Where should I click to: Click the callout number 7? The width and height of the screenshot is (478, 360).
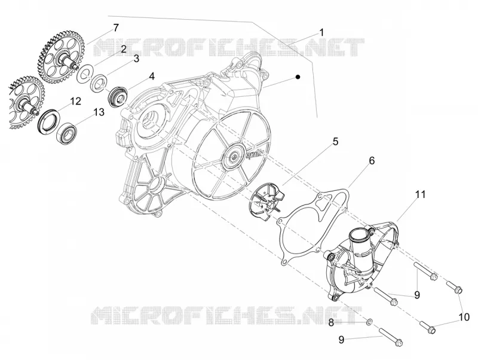pos(115,28)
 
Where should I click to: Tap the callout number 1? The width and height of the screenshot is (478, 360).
pos(321,32)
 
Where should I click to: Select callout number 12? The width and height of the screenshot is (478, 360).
pos(76,101)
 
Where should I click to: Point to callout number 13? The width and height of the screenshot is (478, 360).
pos(99,112)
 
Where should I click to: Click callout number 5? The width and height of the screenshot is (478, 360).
pos(335,142)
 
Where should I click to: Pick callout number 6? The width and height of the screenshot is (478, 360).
pos(372,160)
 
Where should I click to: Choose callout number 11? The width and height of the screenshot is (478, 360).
pos(420,194)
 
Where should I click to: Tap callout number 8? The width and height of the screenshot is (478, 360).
pos(331,322)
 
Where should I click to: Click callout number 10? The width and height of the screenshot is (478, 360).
pos(464,318)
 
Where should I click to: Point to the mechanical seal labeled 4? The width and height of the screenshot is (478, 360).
pos(117,96)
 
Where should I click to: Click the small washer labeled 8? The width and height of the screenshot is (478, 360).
pos(369,322)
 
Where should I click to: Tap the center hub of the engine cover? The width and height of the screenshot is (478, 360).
pos(234,157)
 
